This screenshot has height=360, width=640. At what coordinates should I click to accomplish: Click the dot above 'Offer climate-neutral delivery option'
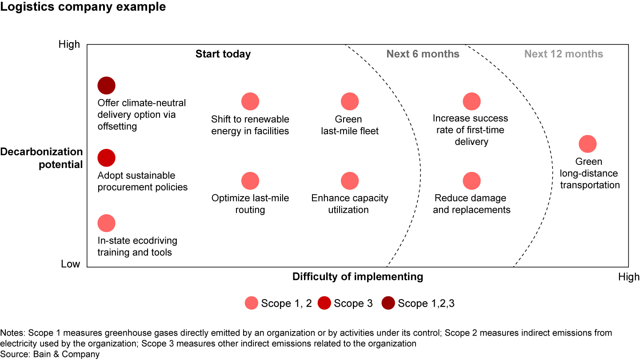click(106, 85)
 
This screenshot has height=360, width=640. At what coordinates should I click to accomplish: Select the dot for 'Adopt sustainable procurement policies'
click(106, 158)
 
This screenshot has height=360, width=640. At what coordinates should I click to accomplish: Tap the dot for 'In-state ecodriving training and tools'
click(106, 223)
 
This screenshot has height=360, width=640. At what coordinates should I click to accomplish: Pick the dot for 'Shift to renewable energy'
click(250, 102)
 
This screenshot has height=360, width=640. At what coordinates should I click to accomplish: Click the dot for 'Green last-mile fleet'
click(350, 102)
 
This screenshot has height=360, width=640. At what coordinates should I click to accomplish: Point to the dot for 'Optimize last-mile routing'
click(250, 181)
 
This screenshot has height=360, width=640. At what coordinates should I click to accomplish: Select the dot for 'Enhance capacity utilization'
click(350, 181)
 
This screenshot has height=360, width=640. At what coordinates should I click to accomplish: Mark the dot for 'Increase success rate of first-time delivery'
click(472, 102)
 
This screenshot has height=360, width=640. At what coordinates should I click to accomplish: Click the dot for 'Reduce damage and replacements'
click(472, 181)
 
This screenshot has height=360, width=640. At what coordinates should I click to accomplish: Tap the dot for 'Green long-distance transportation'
click(588, 144)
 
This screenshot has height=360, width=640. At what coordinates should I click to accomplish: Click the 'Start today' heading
click(223, 54)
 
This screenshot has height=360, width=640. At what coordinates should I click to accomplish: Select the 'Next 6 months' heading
click(423, 54)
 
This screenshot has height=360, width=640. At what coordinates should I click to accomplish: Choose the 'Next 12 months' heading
click(564, 54)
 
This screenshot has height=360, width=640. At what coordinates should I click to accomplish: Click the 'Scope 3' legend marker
click(324, 304)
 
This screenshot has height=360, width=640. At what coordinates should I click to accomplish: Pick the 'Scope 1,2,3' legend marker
click(388, 304)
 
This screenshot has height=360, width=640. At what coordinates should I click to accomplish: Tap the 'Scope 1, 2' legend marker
click(252, 304)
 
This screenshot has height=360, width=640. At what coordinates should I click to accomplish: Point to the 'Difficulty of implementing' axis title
click(357, 277)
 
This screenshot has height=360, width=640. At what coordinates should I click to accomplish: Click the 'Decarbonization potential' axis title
click(41, 158)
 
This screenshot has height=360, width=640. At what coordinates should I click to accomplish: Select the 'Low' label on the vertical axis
click(70, 264)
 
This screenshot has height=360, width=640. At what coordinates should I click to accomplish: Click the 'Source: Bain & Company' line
click(50, 354)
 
